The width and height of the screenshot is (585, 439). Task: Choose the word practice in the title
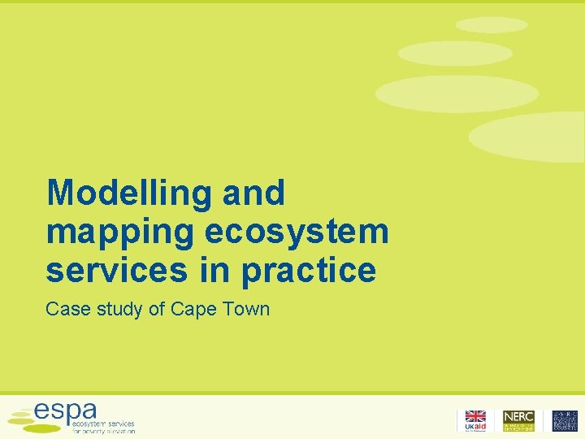coord(309,271)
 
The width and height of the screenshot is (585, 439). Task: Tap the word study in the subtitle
coord(116,310)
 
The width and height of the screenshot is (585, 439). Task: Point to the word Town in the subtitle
coord(247,309)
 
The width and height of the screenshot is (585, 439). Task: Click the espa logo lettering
coord(66,410)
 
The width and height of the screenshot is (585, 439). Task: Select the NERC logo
coord(518,416)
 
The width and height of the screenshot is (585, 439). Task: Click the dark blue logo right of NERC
coord(565,420)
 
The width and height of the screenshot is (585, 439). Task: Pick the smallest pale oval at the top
coord(492,25)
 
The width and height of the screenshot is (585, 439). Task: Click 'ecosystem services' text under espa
coord(104,424)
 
